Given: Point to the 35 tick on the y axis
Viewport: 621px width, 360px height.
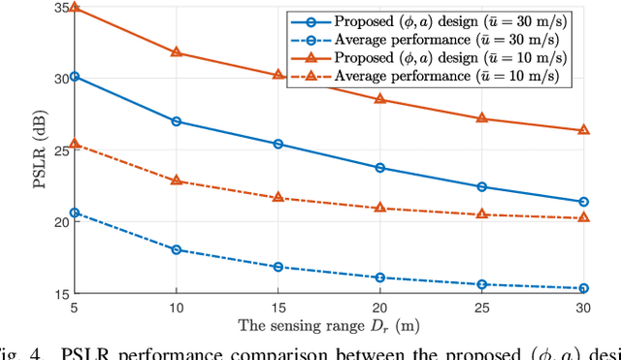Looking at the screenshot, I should (x=65, y=8).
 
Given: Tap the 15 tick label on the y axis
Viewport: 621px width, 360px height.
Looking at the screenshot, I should (x=65, y=293).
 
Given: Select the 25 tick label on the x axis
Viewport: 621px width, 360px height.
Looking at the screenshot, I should (x=482, y=306).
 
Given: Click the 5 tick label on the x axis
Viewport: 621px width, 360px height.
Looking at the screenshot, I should (x=75, y=306).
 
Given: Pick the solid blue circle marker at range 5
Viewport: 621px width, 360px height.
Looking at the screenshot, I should (x=75, y=76).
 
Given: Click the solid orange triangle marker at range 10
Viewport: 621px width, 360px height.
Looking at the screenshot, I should (x=176, y=51).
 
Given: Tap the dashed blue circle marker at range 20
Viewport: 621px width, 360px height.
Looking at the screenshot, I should (x=380, y=278).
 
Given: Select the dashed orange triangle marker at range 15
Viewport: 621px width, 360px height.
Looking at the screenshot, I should (x=278, y=197).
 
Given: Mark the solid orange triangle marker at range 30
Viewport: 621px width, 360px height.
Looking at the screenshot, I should (x=584, y=129).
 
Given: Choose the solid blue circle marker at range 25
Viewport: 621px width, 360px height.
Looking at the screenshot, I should (x=482, y=186).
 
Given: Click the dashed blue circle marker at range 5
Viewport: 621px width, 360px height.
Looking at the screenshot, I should (x=75, y=213).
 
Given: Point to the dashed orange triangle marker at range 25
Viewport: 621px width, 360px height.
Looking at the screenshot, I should (x=482, y=213).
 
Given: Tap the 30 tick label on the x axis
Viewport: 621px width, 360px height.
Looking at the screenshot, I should (x=584, y=306).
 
